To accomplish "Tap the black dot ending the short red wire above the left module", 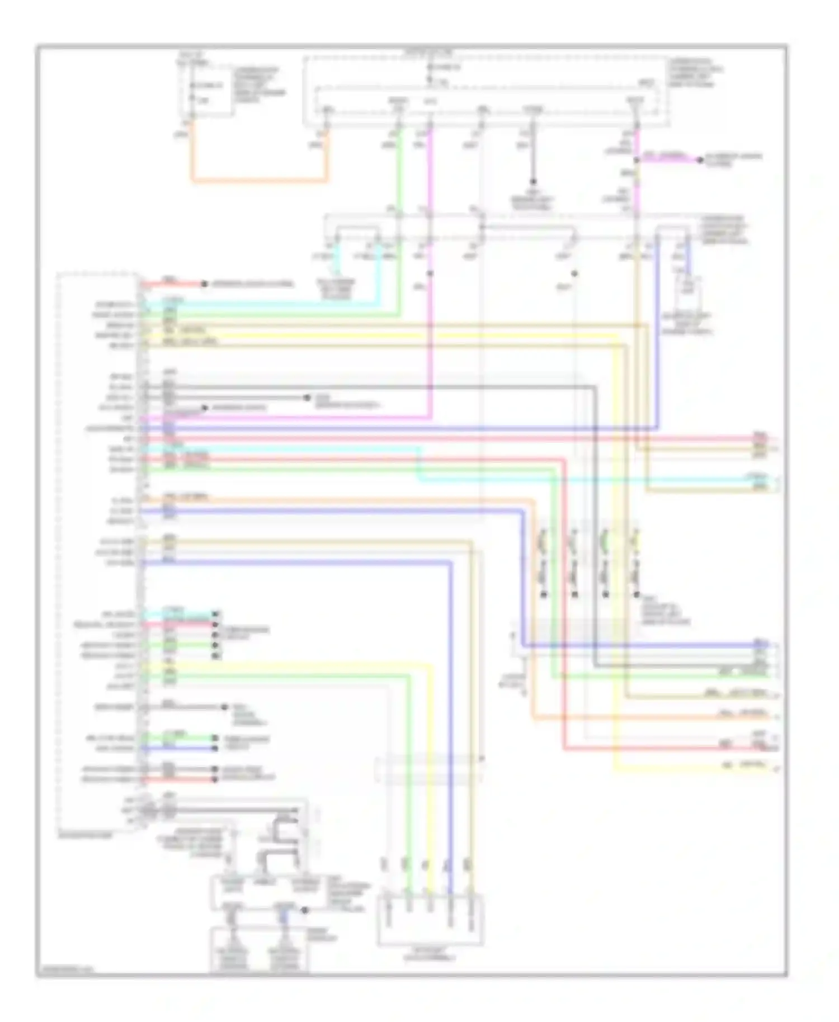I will [x=204, y=284].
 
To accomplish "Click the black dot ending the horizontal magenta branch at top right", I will [x=699, y=160].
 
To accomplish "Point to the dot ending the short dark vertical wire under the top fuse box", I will [x=532, y=182].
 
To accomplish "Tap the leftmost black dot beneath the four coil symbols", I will [x=543, y=594].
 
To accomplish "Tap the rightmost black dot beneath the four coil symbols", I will [x=635, y=594].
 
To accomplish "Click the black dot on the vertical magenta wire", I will [x=430, y=273].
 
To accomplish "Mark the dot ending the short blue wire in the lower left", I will [x=215, y=748].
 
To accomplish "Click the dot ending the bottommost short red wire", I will [x=215, y=779].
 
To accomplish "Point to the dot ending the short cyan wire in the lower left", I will [x=215, y=614].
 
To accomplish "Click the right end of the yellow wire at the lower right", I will [x=775, y=769].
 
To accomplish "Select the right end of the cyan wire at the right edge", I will [x=775, y=480].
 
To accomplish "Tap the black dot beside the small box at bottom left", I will [x=305, y=910].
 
